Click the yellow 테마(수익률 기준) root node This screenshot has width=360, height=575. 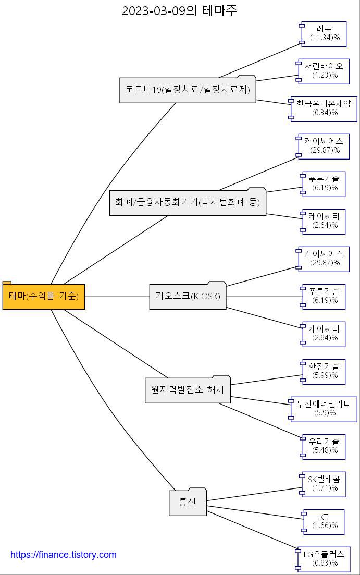(x=44, y=297)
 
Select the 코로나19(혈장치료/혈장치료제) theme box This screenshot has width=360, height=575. (x=188, y=90)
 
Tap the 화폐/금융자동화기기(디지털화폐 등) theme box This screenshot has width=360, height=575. (x=188, y=202)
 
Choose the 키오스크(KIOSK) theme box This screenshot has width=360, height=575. (x=188, y=297)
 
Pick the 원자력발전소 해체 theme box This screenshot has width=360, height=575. (x=188, y=389)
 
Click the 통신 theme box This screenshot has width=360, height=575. (x=188, y=503)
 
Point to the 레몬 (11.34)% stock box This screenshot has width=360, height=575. (x=324, y=33)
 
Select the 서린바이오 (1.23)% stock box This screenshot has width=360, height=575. (x=324, y=71)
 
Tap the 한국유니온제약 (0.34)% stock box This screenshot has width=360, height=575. (x=324, y=108)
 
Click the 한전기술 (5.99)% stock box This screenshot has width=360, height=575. (x=324, y=371)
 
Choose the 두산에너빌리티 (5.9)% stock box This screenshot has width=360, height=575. (x=324, y=409)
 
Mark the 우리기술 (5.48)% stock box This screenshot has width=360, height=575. (x=324, y=446)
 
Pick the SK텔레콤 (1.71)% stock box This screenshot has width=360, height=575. (x=324, y=484)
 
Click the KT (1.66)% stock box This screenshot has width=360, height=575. (x=324, y=521)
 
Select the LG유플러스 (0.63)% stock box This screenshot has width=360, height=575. (x=324, y=559)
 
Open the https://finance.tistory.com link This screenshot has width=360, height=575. (x=64, y=555)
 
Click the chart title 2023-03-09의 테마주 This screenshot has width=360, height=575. (x=180, y=10)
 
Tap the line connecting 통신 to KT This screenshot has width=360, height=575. (x=255, y=512)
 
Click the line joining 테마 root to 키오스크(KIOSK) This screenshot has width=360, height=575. (x=117, y=297)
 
